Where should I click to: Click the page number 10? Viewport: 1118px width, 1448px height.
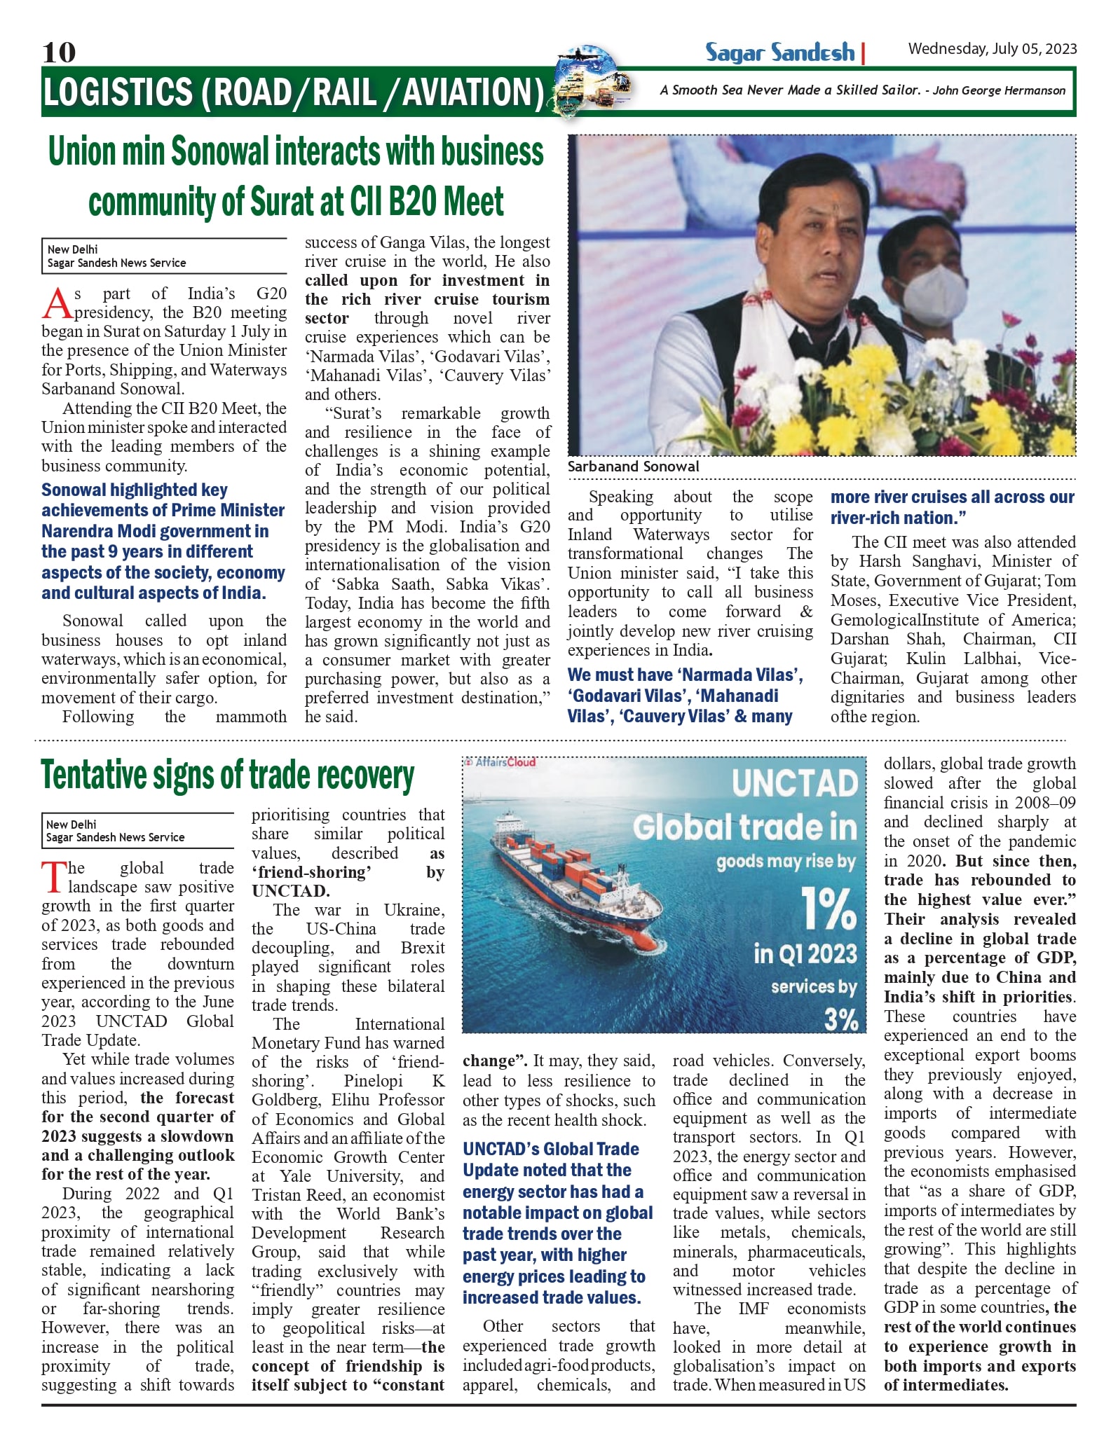[59, 53]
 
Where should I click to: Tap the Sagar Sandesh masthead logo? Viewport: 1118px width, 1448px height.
[779, 53]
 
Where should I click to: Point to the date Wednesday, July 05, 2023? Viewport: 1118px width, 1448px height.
[992, 48]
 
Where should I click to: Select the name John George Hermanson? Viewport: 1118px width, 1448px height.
[999, 90]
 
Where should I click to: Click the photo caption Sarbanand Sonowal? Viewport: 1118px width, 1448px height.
[633, 467]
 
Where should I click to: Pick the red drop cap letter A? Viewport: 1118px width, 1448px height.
[57, 303]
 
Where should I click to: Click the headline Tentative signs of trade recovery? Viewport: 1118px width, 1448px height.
[227, 776]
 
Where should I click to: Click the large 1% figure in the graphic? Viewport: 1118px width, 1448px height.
[829, 909]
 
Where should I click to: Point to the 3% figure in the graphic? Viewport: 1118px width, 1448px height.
[840, 1019]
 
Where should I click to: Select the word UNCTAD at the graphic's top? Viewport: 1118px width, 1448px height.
[794, 783]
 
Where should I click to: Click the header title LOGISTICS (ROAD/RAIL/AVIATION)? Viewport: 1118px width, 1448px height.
[293, 92]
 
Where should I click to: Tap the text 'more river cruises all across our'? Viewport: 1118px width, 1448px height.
[952, 497]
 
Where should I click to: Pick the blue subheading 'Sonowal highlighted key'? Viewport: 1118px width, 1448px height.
[135, 490]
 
